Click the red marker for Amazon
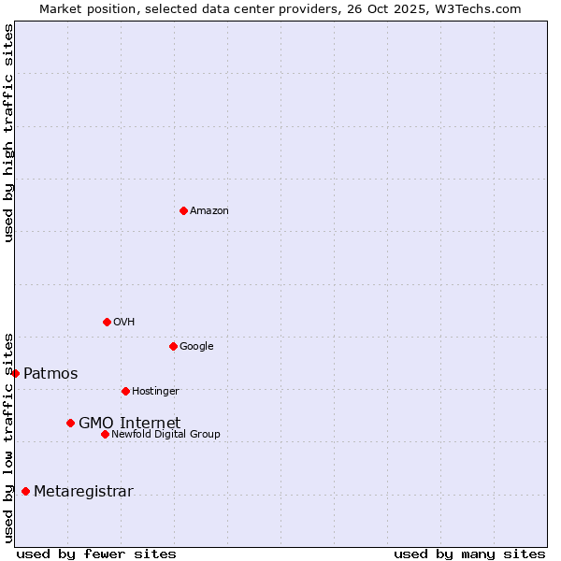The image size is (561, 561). point(183,210)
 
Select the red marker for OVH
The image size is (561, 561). point(107,322)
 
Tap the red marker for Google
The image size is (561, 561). point(173,346)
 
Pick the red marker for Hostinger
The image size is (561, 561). point(125,391)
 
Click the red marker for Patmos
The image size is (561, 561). point(15,373)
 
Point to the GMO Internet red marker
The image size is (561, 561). point(70,423)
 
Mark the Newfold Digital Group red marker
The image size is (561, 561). point(105,434)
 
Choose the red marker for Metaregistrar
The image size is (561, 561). point(25,491)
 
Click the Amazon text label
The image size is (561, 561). point(209,210)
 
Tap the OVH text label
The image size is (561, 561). point(123,322)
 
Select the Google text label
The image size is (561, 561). point(196,346)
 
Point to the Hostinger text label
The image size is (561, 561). point(155,391)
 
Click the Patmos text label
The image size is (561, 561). point(50,374)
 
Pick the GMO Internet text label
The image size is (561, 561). point(129,423)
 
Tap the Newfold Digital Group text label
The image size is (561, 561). point(165,434)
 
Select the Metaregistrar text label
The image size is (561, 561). point(83,492)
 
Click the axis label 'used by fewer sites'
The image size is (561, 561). point(96,554)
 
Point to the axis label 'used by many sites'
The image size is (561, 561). point(469,554)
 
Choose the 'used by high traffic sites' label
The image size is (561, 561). point(8,133)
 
